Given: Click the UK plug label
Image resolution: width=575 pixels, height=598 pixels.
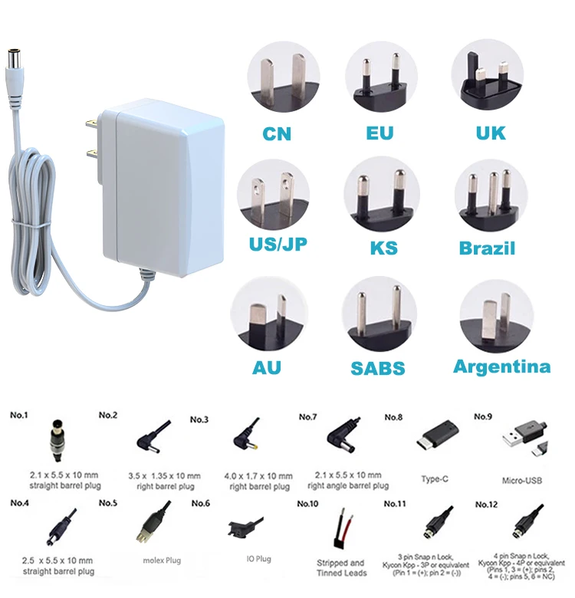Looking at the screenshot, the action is pyautogui.click(x=491, y=133).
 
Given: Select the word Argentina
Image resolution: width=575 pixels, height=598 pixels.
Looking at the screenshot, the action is pyautogui.click(x=502, y=366).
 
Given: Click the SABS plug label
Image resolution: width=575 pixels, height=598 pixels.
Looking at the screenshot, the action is pyautogui.click(x=378, y=368).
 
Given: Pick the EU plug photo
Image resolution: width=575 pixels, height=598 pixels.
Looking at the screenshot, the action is pyautogui.click(x=382, y=77).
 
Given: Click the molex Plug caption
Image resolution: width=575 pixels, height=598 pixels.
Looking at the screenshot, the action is pyautogui.click(x=161, y=560).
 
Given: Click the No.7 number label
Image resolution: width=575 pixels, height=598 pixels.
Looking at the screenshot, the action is pyautogui.click(x=308, y=416).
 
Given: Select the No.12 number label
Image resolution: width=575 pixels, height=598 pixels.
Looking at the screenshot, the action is pyautogui.click(x=486, y=504).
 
